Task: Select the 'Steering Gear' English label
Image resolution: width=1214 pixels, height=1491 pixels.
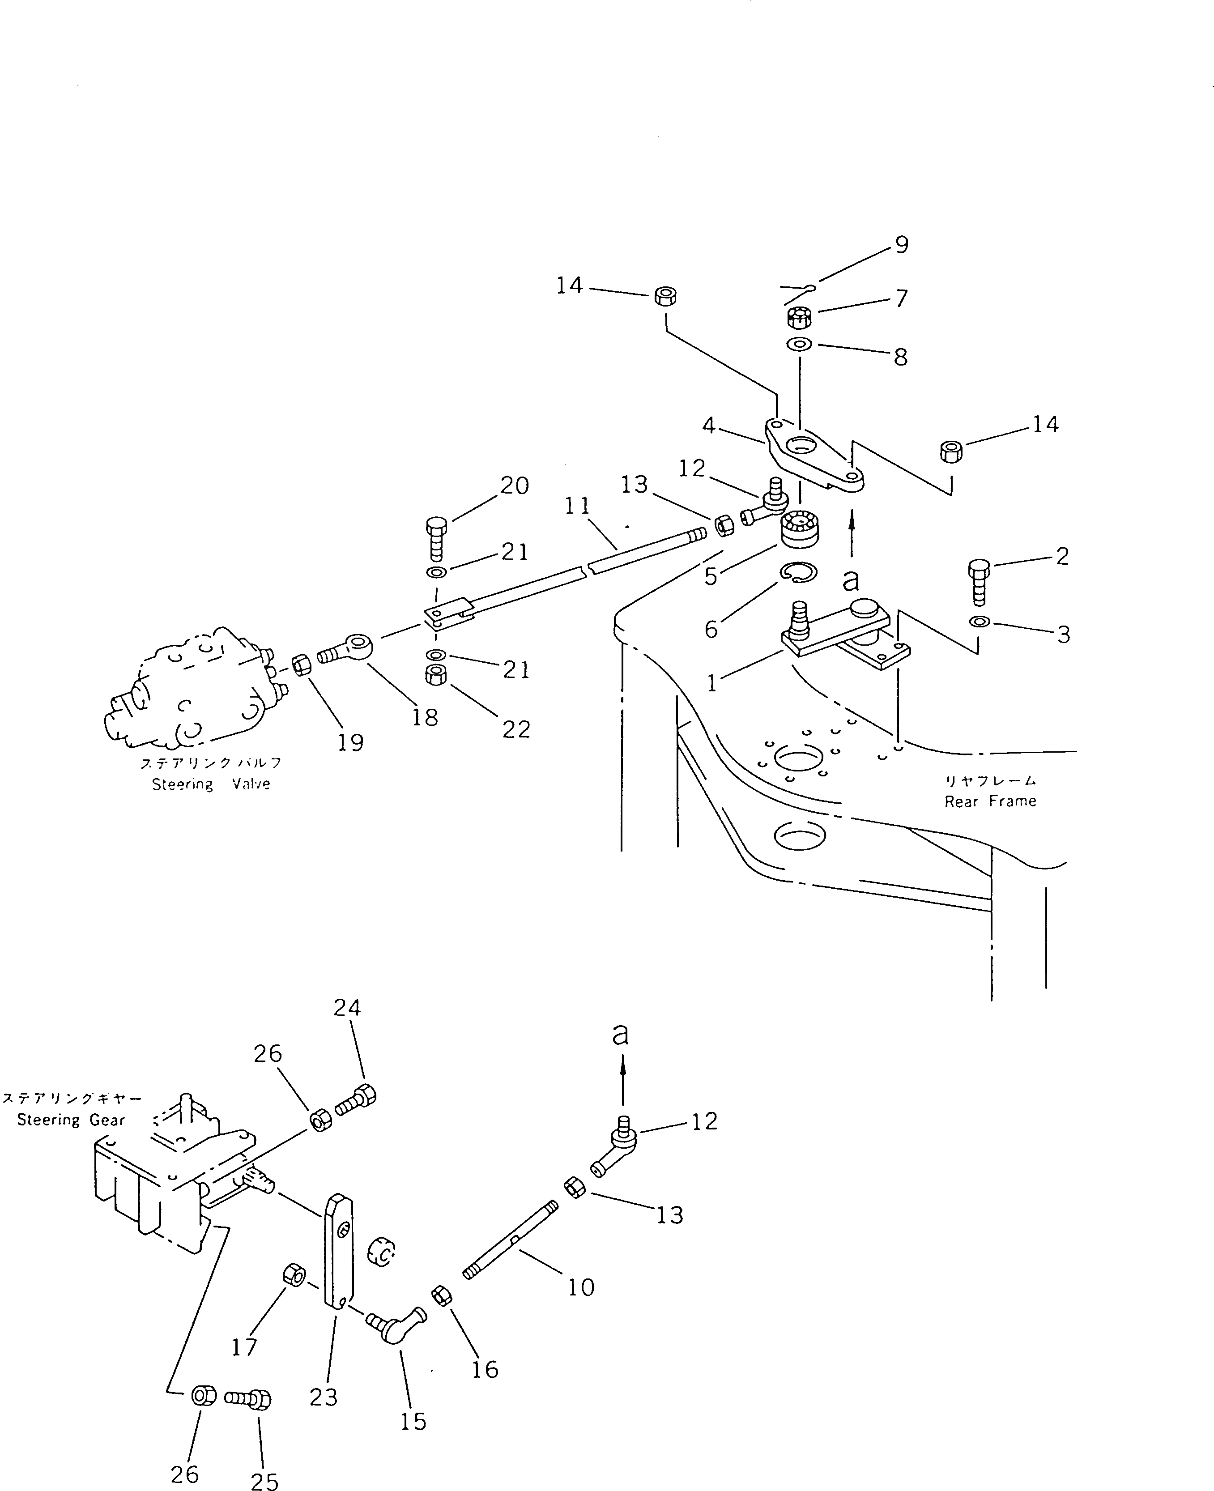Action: point(71,1120)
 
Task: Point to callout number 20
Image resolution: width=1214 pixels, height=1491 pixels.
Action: point(515,486)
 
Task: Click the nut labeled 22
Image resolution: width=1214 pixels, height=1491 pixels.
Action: point(436,675)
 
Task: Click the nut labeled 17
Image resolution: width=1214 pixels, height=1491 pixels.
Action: point(293,1274)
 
